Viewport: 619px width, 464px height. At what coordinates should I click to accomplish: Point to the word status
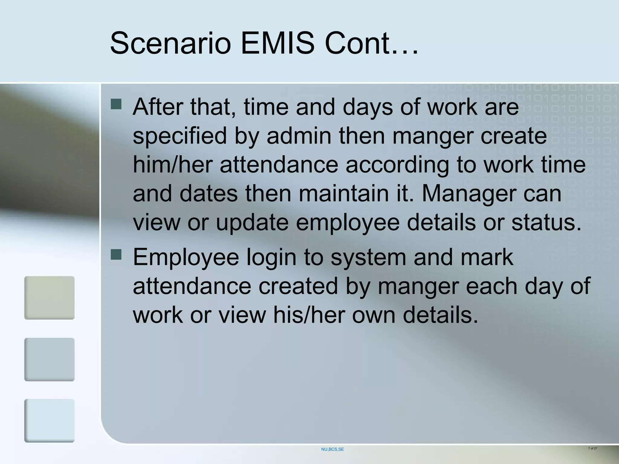point(546,222)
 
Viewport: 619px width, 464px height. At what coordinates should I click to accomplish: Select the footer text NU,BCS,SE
point(332,449)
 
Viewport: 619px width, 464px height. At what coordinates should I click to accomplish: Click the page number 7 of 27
point(592,448)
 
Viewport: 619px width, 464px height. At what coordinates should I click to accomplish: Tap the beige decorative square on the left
point(49,298)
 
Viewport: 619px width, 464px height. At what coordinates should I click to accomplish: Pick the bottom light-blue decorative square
point(49,420)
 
